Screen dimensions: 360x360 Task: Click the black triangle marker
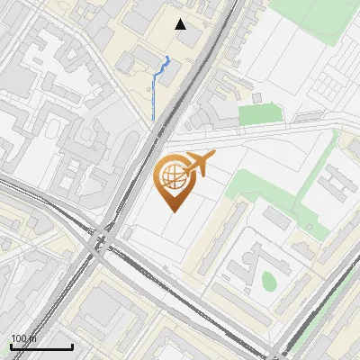point(181,24)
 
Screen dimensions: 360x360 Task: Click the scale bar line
point(41,346)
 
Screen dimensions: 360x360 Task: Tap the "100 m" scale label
point(23,338)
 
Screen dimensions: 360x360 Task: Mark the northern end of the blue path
point(167,57)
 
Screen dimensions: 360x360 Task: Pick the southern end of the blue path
point(153,121)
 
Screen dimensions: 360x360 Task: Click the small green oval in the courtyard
point(268,280)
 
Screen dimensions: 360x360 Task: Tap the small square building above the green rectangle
point(257,97)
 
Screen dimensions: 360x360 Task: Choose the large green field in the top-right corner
point(315,20)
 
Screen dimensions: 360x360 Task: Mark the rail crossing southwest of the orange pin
point(102,240)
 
